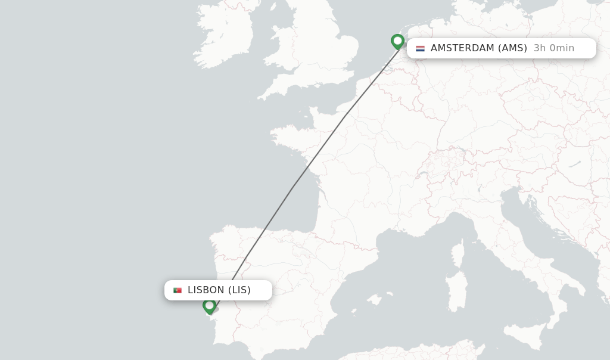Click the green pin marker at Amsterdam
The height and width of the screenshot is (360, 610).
(x=397, y=41)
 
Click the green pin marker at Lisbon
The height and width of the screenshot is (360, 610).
(x=209, y=306)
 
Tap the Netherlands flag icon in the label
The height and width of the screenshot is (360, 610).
(x=420, y=48)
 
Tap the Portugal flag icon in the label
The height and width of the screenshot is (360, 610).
(x=178, y=290)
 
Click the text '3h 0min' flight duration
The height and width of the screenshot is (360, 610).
(x=553, y=48)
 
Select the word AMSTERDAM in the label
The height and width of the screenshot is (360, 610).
(x=462, y=48)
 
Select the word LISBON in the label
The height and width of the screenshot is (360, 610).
(x=206, y=290)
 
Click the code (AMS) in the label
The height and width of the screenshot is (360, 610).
(x=512, y=48)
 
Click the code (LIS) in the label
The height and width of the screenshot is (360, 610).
(x=239, y=290)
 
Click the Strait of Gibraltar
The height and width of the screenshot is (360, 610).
(x=254, y=357)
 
